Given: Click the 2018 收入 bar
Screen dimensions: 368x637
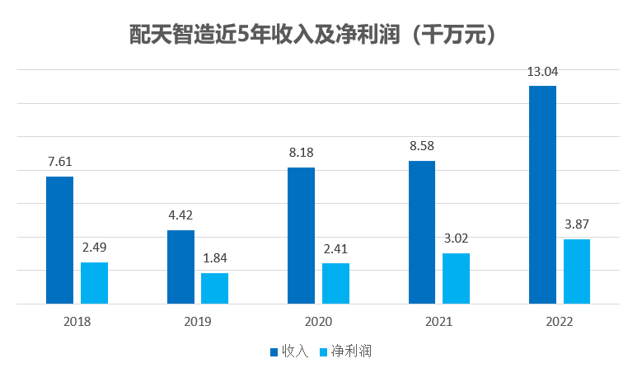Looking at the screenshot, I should [x=59, y=240].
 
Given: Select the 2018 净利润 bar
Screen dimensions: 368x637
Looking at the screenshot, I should [x=94, y=283].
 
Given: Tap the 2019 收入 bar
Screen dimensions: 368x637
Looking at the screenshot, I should [x=180, y=267].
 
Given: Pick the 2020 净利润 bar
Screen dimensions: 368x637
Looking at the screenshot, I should [x=335, y=283].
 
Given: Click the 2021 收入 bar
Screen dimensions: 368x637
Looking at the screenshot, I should [x=422, y=232].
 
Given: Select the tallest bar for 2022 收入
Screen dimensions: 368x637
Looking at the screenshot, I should [x=542, y=195].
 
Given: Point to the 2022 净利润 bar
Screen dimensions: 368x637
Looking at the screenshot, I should [x=577, y=271].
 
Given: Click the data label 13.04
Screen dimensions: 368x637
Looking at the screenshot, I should [x=542, y=72].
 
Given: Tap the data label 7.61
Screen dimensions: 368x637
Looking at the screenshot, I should [x=59, y=163].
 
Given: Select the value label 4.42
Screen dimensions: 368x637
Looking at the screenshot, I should [x=180, y=216].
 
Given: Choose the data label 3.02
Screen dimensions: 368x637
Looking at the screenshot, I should [x=456, y=239].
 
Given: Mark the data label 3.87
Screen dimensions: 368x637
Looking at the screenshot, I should [x=577, y=224].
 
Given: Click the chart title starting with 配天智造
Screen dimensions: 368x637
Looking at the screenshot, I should [x=318, y=35].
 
